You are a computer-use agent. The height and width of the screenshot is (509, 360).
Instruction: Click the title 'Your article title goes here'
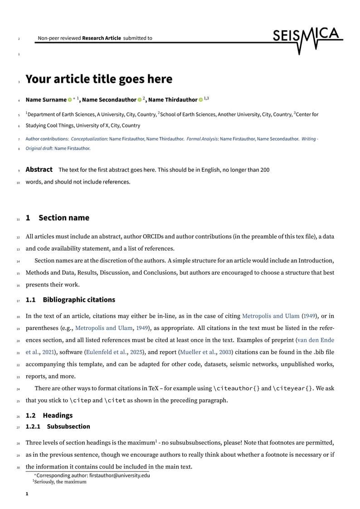99,79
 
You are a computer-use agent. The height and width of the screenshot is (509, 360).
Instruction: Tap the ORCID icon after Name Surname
70,100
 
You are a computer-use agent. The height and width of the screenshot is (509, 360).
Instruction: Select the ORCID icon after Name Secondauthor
140,100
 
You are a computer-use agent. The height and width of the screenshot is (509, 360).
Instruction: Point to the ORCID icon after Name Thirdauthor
201,100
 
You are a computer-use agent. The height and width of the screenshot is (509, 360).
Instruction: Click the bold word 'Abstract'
39,170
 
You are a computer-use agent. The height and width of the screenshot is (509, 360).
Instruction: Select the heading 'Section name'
64,218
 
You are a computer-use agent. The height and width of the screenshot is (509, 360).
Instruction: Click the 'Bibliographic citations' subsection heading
79,300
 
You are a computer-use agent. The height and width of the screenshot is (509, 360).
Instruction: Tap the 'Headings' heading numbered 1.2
58,415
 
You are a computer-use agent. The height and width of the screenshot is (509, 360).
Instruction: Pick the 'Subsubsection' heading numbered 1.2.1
68,427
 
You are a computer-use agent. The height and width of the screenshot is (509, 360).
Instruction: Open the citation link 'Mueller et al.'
198,352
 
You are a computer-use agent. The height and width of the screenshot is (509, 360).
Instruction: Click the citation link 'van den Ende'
316,340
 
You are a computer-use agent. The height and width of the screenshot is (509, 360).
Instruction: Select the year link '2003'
227,352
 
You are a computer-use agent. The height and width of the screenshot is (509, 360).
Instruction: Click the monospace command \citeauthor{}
236,388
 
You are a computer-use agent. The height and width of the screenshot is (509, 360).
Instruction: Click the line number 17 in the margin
18,301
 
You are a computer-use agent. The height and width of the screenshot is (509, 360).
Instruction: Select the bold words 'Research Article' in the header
102,38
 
